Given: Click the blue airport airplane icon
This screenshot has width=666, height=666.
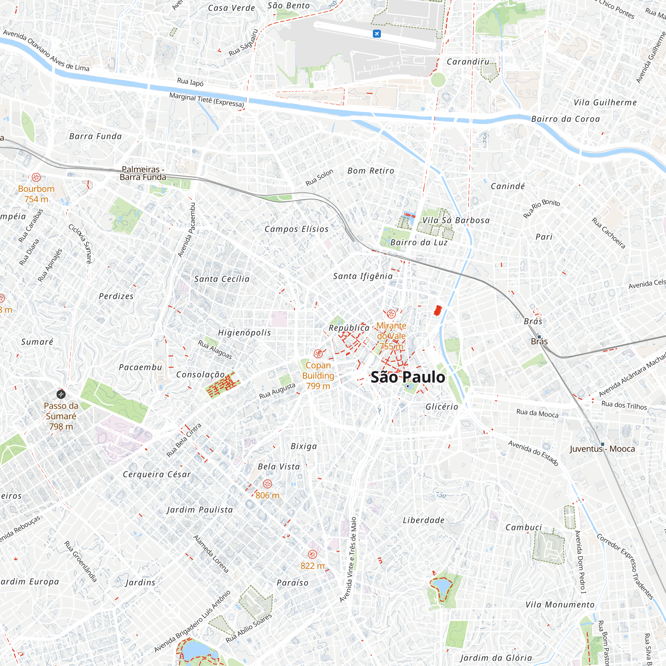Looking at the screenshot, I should point(377,34).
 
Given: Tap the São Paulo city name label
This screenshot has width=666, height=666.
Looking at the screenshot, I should point(408,377).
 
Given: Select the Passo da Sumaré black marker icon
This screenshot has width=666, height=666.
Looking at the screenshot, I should point(61,394).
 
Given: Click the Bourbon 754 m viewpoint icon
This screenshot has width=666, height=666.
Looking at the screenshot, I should point(36,177).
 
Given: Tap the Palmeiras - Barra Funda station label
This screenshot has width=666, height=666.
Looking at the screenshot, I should point(143,173).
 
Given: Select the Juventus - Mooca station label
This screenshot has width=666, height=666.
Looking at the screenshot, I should point(602,449).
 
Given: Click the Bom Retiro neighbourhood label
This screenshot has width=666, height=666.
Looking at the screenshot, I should point(371,170).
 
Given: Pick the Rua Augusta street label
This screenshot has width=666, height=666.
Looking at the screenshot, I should point(277,391).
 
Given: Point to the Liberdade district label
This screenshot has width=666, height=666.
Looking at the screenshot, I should point(424,520).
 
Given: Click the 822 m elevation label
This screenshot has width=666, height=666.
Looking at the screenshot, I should point(312,566).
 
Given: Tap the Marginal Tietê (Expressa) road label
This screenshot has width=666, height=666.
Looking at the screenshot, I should point(206,100).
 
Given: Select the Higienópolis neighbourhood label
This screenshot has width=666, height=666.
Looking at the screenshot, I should point(244,333).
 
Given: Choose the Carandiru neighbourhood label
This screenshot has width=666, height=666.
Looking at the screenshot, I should point(468,62).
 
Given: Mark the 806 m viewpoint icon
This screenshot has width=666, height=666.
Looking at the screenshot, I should point(267,484).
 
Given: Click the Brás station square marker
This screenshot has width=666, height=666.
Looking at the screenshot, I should point(539,337).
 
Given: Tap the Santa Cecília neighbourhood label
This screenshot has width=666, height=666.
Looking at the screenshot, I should point(222,279).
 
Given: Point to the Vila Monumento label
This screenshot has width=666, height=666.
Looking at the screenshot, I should point(560,605).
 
